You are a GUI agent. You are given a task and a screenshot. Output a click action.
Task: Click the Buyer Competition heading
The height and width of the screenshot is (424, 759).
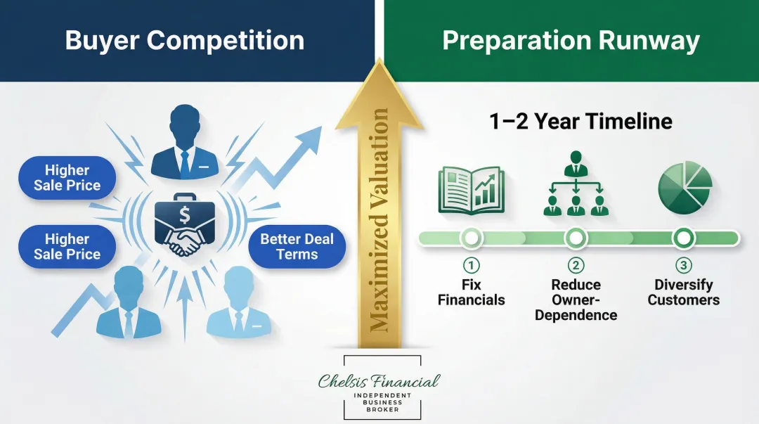point(185,40)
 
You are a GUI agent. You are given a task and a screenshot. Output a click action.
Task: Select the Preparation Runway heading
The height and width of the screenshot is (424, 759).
point(571,40)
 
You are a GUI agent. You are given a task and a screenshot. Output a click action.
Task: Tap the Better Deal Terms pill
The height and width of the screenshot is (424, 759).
point(297,247)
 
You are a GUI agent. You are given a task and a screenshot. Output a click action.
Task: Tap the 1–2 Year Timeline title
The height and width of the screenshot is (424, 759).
point(580,121)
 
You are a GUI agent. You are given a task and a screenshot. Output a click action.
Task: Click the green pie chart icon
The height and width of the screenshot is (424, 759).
point(684,185)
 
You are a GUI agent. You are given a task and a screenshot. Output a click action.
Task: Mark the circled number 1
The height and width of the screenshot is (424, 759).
point(472,265)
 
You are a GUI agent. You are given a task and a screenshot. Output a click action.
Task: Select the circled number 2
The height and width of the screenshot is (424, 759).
point(576,265)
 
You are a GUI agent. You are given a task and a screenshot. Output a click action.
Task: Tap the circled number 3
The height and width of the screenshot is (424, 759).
point(683,265)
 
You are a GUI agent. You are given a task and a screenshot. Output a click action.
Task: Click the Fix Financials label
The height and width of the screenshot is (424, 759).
point(472,293)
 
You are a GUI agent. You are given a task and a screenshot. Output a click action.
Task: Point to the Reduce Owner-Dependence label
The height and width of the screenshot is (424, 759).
point(576,300)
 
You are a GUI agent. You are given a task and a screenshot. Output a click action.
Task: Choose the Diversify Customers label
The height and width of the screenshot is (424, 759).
point(683,293)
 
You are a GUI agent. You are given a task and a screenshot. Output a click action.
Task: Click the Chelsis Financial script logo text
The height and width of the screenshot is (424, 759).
point(379,381)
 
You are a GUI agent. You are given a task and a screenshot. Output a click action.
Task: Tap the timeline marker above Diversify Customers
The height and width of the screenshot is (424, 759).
point(683,238)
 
